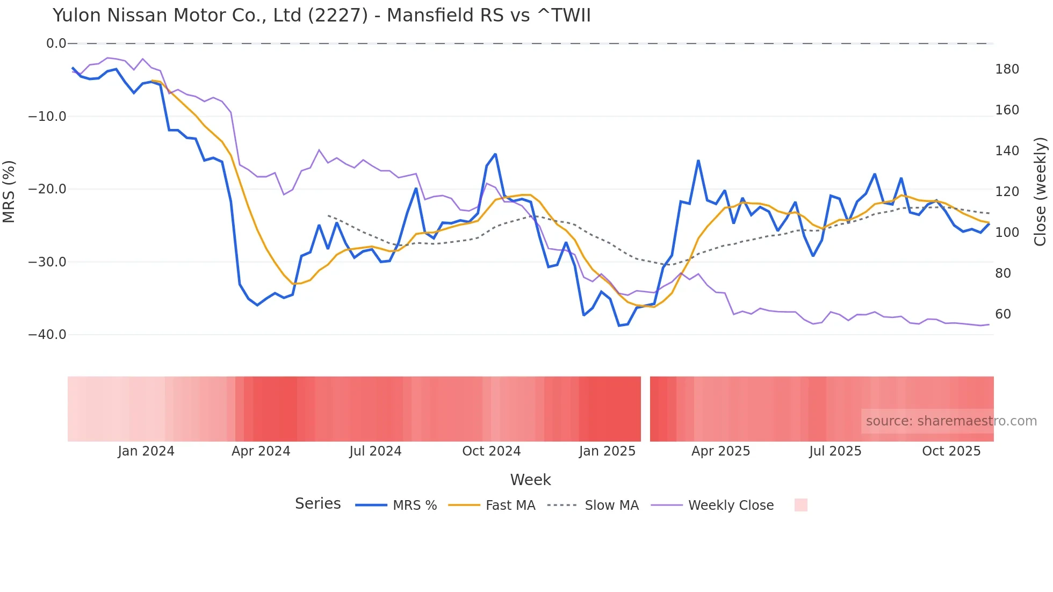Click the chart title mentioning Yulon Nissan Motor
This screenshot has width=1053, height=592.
pos(321,16)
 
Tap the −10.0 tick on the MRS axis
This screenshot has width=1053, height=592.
pos(47,117)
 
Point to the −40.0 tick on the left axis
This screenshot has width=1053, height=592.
pos(47,335)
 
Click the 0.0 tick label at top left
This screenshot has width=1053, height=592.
pos(56,44)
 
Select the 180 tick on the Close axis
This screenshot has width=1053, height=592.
pos(1007,69)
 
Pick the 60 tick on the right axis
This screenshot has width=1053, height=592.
pos(1003,314)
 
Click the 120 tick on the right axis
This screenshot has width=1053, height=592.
pos(1007,192)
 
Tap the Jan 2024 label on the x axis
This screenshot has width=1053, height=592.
pos(146,451)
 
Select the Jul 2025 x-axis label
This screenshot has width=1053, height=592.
pos(835,451)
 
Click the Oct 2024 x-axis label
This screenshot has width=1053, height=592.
pos(492,451)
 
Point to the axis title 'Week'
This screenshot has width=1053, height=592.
pos(530,480)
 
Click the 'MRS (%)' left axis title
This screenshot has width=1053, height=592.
pos(9,191)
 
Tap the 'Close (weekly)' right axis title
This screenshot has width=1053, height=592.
pos(1041,191)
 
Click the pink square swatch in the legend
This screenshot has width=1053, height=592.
pos(800,505)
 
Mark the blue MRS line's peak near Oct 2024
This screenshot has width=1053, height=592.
pos(495,154)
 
